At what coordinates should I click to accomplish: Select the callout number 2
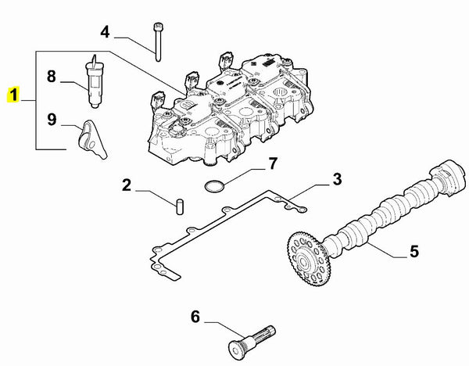click(x=126, y=186)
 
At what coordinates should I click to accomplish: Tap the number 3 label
click(x=337, y=180)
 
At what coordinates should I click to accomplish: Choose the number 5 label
click(x=414, y=252)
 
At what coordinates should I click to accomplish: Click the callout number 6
click(x=195, y=317)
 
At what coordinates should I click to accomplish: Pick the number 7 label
click(x=273, y=164)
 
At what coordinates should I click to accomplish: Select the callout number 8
click(x=52, y=77)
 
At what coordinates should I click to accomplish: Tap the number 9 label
click(x=52, y=120)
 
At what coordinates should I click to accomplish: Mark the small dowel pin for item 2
click(x=179, y=206)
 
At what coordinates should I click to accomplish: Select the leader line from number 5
click(x=385, y=248)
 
